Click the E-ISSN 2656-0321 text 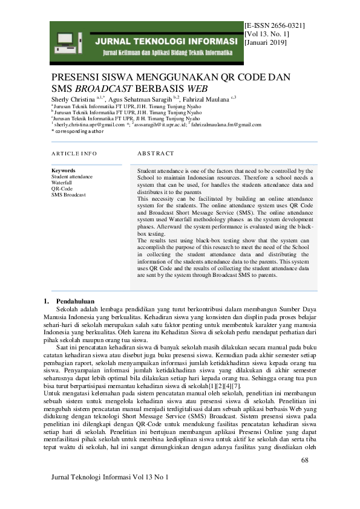coord(275,27)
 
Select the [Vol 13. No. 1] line coord(269,35)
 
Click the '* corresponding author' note coord(78,131)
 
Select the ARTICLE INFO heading coord(74,154)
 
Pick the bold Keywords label coord(64,170)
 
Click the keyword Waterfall coord(62,183)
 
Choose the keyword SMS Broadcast coord(68,195)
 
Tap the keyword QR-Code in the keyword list coord(61,189)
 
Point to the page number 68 coord(304,461)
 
